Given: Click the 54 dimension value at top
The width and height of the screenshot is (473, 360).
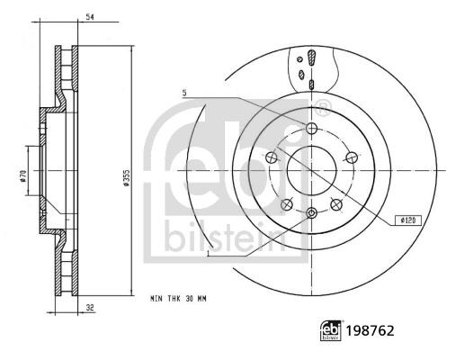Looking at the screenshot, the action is pyautogui.click(x=90, y=17).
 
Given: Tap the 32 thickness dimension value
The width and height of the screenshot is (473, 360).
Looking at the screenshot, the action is pyautogui.click(x=90, y=308).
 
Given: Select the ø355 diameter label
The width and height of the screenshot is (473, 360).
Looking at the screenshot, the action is pyautogui.click(x=127, y=178).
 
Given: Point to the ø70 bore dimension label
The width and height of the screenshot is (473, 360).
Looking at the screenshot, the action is pyautogui.click(x=24, y=176).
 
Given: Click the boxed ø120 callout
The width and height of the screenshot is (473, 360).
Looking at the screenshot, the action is pyautogui.click(x=408, y=220).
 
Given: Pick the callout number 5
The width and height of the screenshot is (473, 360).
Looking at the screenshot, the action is pyautogui.click(x=184, y=94).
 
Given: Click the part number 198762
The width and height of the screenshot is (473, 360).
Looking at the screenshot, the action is pyautogui.click(x=370, y=330).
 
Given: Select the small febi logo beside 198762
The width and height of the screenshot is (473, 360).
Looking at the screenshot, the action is pyautogui.click(x=331, y=330).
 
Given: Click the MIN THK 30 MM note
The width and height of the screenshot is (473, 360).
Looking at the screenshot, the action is pyautogui.click(x=178, y=299).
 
